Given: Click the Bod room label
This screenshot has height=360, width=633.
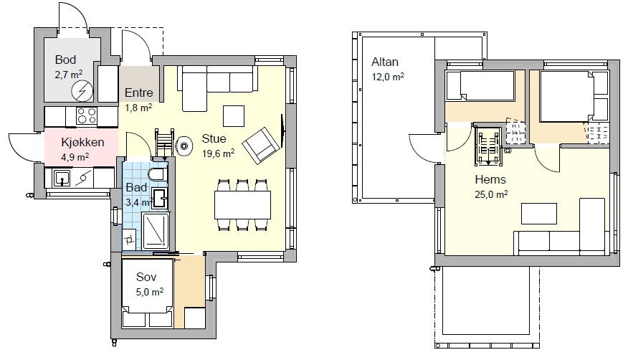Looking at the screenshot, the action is tap(65, 60).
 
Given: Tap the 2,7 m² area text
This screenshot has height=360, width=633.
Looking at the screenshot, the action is tap(69, 75).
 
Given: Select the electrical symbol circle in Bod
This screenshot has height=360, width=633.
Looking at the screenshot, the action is tap(82, 91).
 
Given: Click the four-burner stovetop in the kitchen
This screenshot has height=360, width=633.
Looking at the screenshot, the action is tap(87, 116).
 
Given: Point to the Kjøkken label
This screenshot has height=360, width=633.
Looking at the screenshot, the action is tap(82, 142).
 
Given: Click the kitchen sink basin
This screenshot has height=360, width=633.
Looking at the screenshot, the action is tap(62, 178).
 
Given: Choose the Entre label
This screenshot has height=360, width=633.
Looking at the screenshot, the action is tap(139, 93).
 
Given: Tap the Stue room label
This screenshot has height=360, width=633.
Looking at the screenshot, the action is tap(214, 138).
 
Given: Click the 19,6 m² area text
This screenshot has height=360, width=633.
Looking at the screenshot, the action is tap(218, 153).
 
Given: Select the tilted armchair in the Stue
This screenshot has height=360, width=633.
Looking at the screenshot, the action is tap(261, 146).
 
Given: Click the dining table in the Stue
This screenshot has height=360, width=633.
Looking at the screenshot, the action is tap(242, 205).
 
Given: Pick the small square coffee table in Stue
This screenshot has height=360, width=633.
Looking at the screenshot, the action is tap(233, 116).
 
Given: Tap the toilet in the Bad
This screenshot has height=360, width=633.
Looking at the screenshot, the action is tap(158, 174).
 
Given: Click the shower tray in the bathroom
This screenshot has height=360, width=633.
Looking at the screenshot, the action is tap(156, 231).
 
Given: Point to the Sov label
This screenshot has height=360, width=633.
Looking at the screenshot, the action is tap(146, 277).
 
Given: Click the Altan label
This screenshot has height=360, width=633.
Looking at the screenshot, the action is tap(385, 62).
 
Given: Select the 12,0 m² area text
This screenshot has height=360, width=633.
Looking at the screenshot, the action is tap(388, 76).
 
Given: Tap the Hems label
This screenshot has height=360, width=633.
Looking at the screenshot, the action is tap(490, 179).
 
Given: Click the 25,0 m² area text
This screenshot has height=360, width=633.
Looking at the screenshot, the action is tap(491, 194).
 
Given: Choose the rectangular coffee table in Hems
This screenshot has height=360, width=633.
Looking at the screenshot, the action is tap(539, 214).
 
